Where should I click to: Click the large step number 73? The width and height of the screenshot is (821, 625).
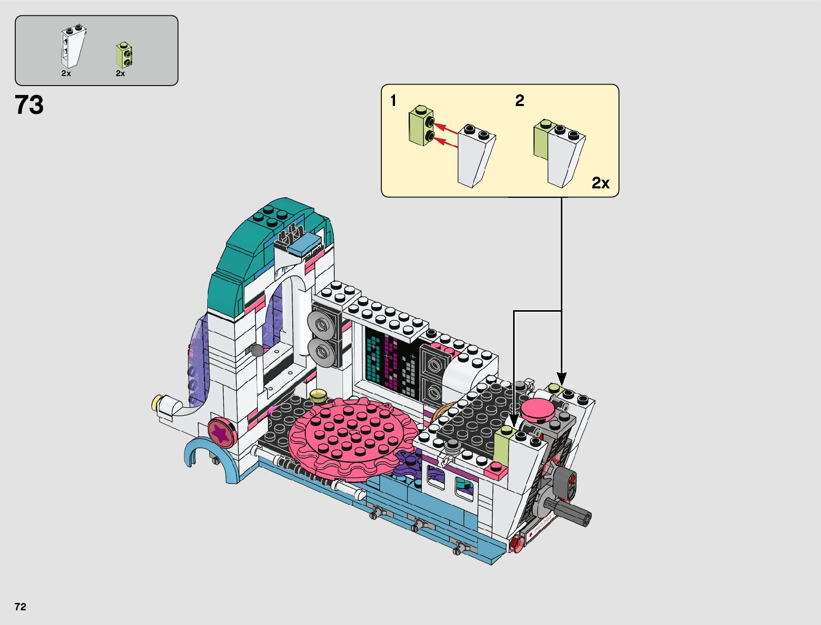tap(29, 105)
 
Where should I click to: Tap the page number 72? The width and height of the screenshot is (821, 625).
tap(20, 607)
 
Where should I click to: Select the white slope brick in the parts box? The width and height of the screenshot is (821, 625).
tap(73, 46)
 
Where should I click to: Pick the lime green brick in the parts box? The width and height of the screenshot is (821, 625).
tap(124, 55)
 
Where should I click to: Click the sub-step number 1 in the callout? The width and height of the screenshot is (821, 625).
tap(393, 100)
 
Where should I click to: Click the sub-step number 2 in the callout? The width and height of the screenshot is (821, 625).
tap(519, 100)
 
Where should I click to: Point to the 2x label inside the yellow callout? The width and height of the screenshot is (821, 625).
tap(600, 183)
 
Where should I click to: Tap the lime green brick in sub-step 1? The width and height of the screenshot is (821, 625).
tap(422, 125)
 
